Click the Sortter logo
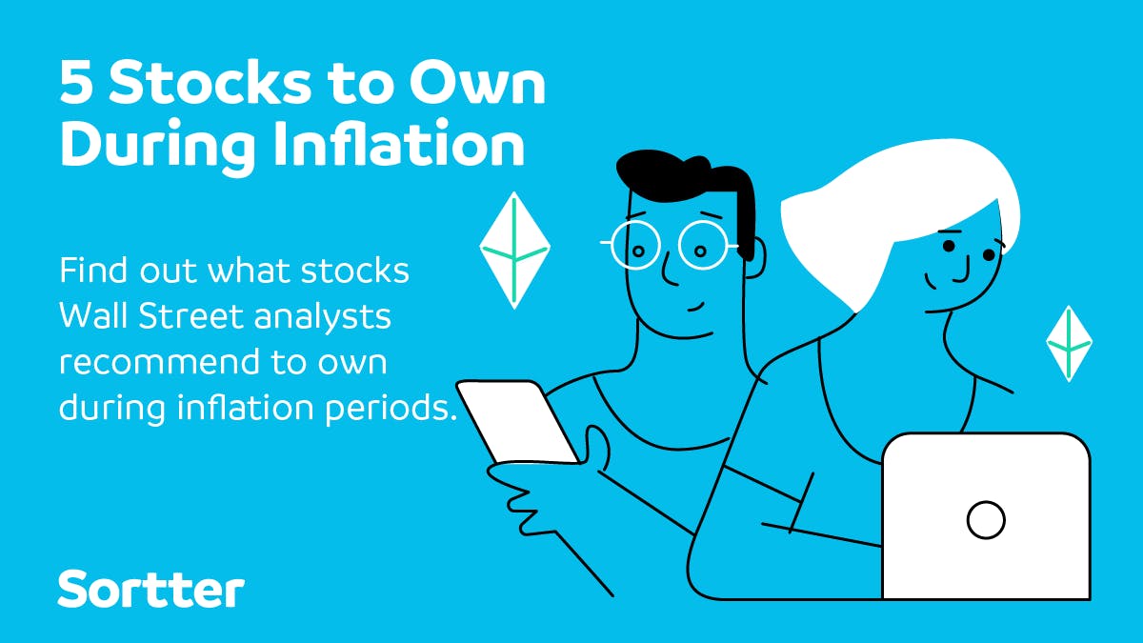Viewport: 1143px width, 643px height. pos(151,589)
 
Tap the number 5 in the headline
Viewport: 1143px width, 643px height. pos(76,83)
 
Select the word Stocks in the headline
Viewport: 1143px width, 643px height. pos(210,83)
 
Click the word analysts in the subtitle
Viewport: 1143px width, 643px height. pos(323,318)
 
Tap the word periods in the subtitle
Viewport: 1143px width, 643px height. pos(390,409)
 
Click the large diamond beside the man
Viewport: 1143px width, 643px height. pos(514,250)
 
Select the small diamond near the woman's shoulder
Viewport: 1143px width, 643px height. pos(1069,344)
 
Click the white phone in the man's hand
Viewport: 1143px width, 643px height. pos(517,422)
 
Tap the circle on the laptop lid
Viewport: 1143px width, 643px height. pos(986,520)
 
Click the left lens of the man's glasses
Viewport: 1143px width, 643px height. pos(636,245)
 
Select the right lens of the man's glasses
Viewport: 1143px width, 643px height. pos(703,245)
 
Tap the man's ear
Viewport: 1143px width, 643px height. pos(755,258)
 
